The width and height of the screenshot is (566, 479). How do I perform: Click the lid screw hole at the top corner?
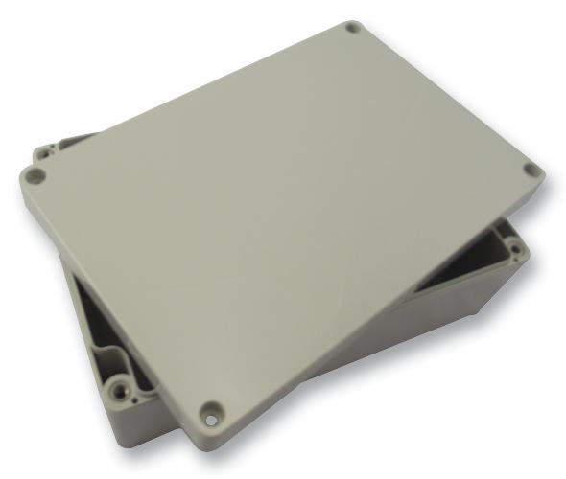click(x=353, y=27)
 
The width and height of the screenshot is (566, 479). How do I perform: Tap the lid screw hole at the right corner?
click(x=531, y=171)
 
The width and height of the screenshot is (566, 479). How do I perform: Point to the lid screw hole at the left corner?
click(x=35, y=176)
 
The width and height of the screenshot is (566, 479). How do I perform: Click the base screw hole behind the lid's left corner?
click(x=46, y=151)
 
